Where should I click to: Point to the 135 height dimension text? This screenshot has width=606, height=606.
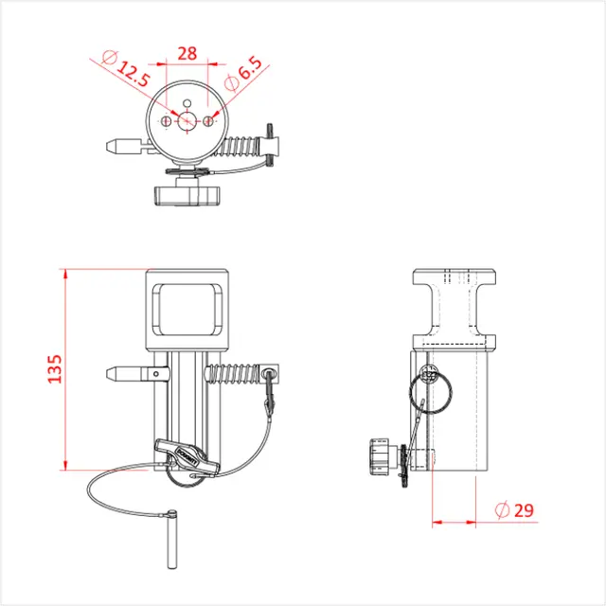[x=54, y=369]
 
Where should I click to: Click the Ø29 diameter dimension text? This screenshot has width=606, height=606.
[x=515, y=509]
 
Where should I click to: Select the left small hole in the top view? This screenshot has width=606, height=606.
[x=167, y=121]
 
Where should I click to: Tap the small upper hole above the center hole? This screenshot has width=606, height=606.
[x=187, y=102]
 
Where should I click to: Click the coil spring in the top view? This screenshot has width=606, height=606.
[x=243, y=146]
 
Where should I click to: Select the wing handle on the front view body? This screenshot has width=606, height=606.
[x=185, y=459]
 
